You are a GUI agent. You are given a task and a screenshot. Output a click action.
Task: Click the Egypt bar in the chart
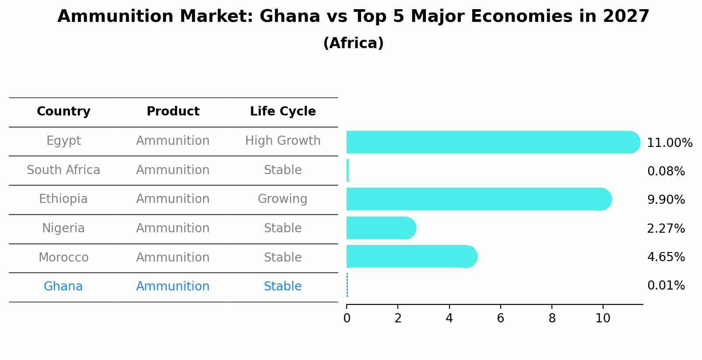[490, 142]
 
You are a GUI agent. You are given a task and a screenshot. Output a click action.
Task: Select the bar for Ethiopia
[477, 199]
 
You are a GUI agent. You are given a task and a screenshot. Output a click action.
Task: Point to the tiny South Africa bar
[347, 171]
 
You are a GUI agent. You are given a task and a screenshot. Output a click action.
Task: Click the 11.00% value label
[669, 143]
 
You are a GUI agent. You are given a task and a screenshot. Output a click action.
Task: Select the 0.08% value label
[666, 171]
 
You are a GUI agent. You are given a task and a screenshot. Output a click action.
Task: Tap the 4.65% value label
[666, 257]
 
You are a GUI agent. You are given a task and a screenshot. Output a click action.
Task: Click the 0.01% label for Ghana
[666, 286]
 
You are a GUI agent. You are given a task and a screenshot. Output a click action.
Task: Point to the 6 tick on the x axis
[500, 318]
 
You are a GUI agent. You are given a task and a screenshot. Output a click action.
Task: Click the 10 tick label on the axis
[603, 318]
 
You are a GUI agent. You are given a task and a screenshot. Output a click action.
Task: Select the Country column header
[63, 112]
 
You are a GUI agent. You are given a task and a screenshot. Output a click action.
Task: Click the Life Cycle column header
[283, 112]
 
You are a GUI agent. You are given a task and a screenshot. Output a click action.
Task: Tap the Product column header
[173, 112]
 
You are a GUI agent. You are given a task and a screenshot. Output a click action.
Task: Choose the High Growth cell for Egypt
[283, 141]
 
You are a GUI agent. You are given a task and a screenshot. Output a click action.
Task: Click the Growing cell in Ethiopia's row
[282, 199]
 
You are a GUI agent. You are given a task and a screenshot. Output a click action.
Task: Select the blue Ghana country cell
[63, 287]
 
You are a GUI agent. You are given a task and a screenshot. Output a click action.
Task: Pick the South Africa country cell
[63, 170]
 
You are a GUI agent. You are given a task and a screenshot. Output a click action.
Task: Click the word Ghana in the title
[290, 17]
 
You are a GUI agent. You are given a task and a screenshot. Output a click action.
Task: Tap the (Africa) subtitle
[353, 43]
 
